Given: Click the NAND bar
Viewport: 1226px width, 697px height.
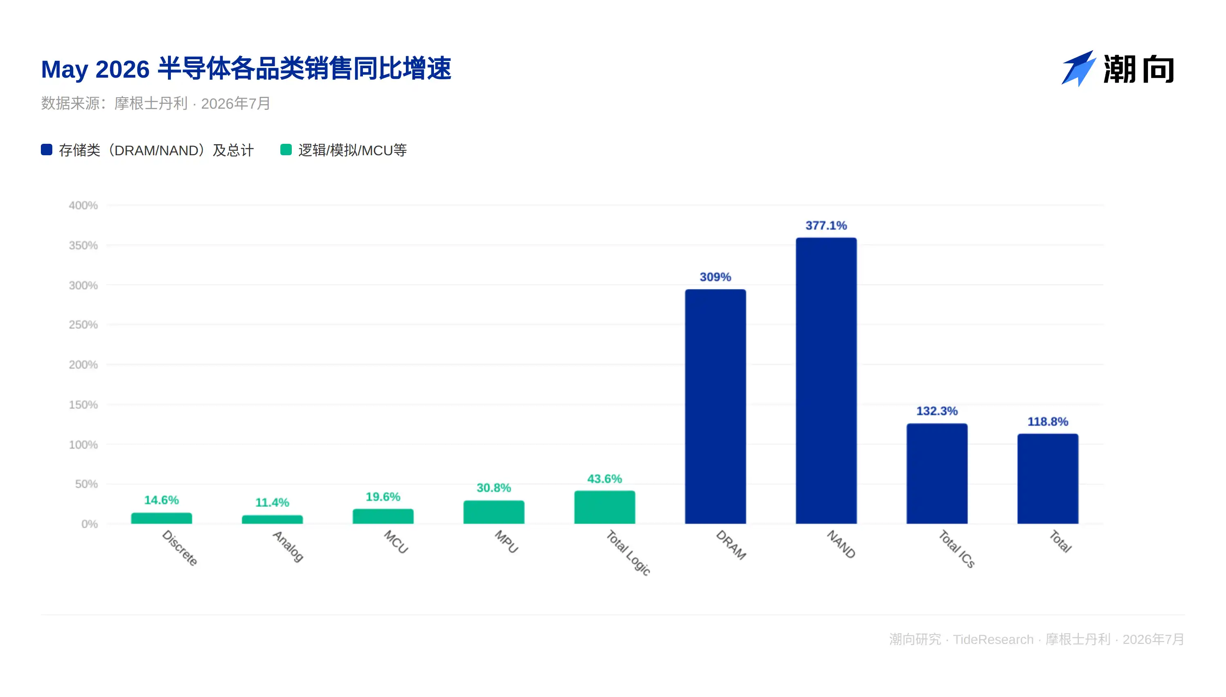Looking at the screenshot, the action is pos(826,381).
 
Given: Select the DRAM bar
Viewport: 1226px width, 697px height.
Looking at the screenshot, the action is pos(715,407).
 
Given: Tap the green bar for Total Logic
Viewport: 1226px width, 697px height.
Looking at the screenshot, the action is pos(605,507).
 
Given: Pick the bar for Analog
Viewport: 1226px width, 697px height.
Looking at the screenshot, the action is pos(273,519).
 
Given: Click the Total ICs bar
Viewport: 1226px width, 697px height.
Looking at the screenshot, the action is pos(937,474).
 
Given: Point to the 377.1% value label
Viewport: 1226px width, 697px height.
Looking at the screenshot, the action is pos(826,226).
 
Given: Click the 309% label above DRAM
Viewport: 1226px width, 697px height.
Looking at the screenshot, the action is pos(715,277).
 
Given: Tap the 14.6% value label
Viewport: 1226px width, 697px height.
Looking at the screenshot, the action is pos(161,500).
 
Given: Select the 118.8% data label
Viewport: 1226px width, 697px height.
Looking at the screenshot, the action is pos(1047,422).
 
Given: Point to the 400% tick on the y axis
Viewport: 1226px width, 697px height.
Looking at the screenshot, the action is pos(83,206).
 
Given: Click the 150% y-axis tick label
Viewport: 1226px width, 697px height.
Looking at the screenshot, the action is pos(83,405).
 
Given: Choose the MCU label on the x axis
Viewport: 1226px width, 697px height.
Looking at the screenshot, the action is pos(396,542).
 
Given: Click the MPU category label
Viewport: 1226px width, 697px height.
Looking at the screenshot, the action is pos(506,542).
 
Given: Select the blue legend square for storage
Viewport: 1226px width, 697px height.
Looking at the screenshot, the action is pos(47,150).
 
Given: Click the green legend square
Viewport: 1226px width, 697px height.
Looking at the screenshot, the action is pos(286,150).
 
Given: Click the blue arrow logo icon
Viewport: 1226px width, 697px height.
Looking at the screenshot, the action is pos(1078,69).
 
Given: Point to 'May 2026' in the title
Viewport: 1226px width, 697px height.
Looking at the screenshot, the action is pos(95,69).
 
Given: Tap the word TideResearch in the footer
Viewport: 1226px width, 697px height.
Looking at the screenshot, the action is pos(993,639).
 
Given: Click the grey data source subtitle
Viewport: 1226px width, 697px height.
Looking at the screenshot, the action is pos(156,103).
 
